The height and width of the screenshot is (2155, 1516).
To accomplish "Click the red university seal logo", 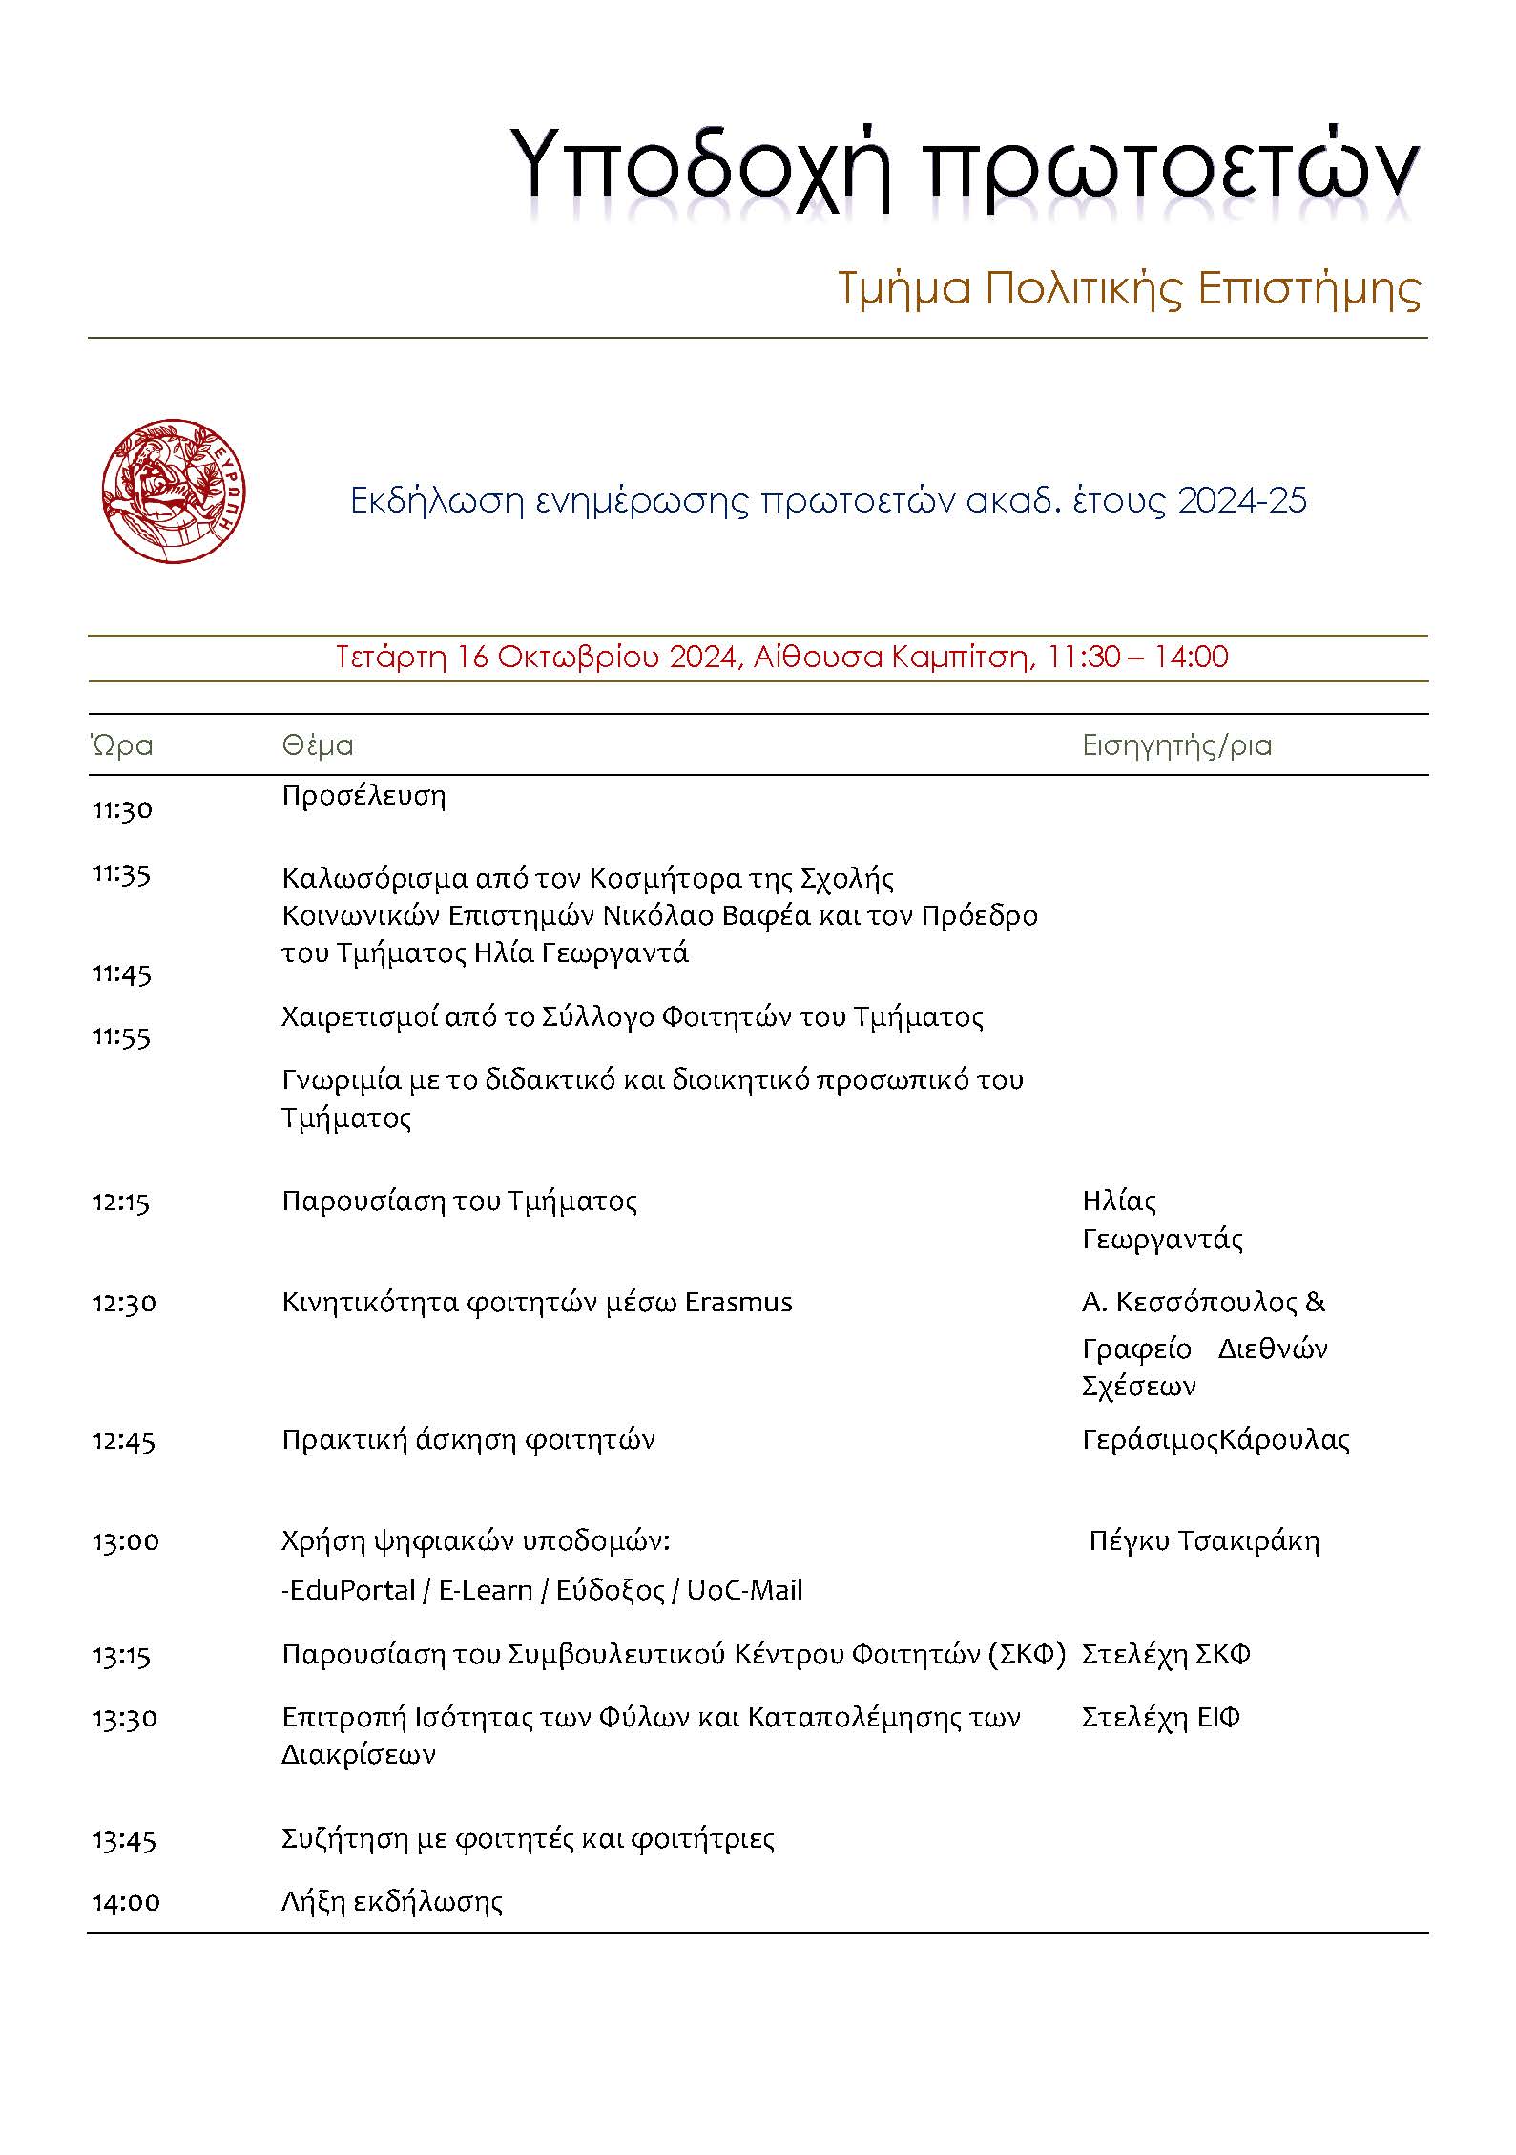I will pyautogui.click(x=173, y=491).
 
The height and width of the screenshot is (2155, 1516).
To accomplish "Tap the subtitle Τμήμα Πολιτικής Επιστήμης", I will pyautogui.click(x=1129, y=288).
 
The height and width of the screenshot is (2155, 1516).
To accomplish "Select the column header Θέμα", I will pyautogui.click(x=317, y=745).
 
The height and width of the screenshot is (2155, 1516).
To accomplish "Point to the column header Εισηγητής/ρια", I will pyautogui.click(x=1176, y=745).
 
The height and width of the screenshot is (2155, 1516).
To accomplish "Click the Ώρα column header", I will pyautogui.click(x=121, y=745).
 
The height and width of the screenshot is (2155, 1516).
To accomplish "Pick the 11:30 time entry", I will pyautogui.click(x=122, y=810).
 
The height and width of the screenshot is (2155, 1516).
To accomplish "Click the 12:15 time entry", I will pyautogui.click(x=121, y=1202).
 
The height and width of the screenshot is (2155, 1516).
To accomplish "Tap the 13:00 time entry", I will pyautogui.click(x=126, y=1541).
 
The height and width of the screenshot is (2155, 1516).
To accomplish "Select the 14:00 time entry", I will pyautogui.click(x=126, y=1902).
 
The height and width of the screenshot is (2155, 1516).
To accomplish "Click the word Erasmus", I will pyautogui.click(x=738, y=1303).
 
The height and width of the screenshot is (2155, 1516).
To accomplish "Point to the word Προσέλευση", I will pyautogui.click(x=363, y=796).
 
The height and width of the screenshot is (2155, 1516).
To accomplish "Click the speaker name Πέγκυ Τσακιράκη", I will pyautogui.click(x=1204, y=1541).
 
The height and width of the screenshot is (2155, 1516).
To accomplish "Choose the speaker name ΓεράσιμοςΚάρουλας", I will pyautogui.click(x=1215, y=1440).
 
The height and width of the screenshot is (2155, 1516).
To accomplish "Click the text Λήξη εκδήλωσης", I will pyautogui.click(x=391, y=1902).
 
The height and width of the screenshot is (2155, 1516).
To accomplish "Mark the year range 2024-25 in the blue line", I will pyautogui.click(x=1241, y=501).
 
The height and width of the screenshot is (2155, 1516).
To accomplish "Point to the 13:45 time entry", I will pyautogui.click(x=124, y=1839).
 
